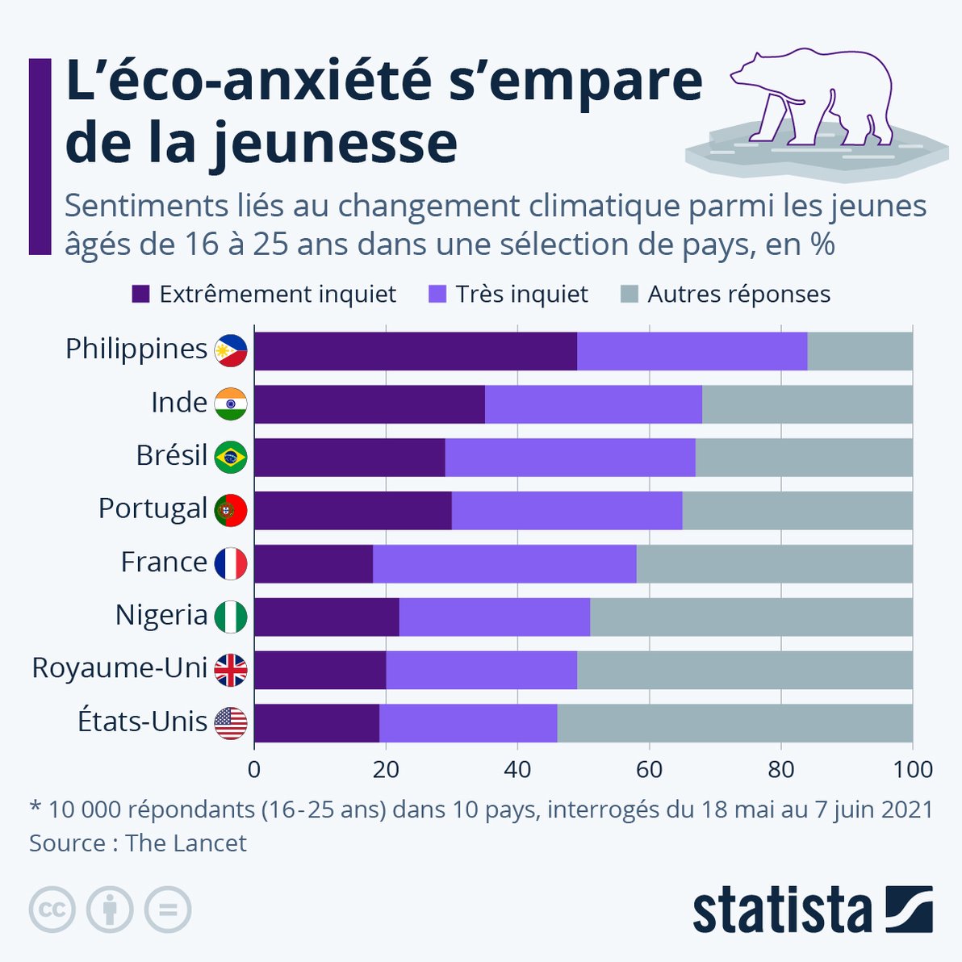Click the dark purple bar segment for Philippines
(x=416, y=351)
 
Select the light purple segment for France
(x=504, y=564)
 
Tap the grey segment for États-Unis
(x=734, y=723)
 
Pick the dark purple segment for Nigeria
(x=327, y=617)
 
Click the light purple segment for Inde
(x=593, y=404)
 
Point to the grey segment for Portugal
(x=797, y=511)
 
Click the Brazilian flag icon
(x=231, y=458)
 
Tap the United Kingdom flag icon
(x=231, y=670)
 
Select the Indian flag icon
(x=231, y=404)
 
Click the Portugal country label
(x=153, y=509)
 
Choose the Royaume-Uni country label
(x=119, y=668)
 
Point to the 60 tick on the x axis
(x=649, y=769)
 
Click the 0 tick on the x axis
(x=254, y=769)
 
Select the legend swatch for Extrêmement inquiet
(x=141, y=295)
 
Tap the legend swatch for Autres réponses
(x=629, y=295)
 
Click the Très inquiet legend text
(x=521, y=295)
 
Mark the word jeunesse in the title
(x=334, y=144)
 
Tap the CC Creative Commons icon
(x=52, y=910)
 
